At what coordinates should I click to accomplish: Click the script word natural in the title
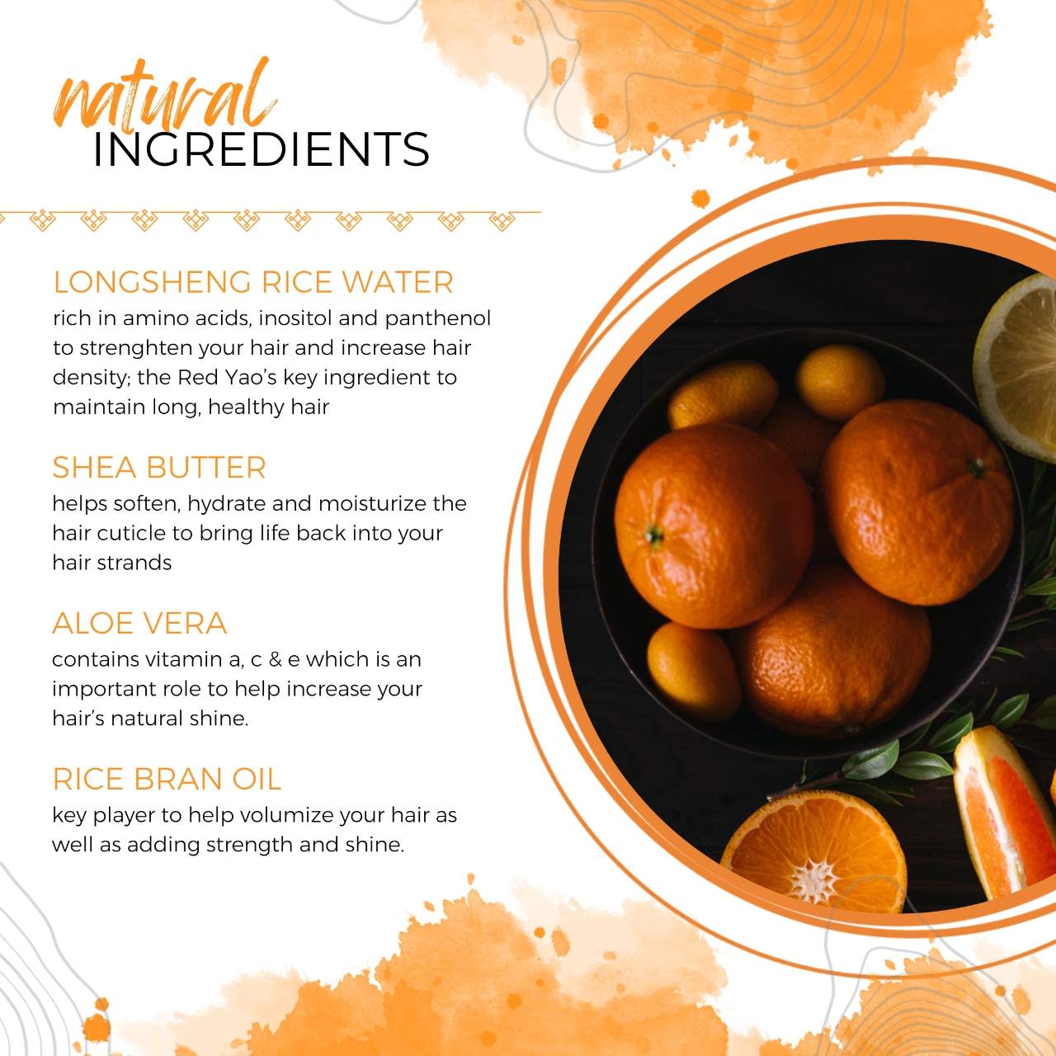[x=164, y=96]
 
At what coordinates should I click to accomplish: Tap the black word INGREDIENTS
[x=261, y=149]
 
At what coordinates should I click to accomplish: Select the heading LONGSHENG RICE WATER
[x=253, y=282]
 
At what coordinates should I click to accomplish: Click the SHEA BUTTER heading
[x=159, y=468]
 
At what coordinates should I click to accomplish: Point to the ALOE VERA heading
[x=139, y=623]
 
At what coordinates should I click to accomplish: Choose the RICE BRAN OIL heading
[x=167, y=779]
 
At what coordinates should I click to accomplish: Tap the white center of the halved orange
[x=814, y=882]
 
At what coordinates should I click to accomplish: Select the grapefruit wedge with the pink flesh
[x=1003, y=811]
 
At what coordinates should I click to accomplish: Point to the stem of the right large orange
[x=975, y=468]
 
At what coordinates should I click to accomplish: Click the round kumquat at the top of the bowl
[x=840, y=382]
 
